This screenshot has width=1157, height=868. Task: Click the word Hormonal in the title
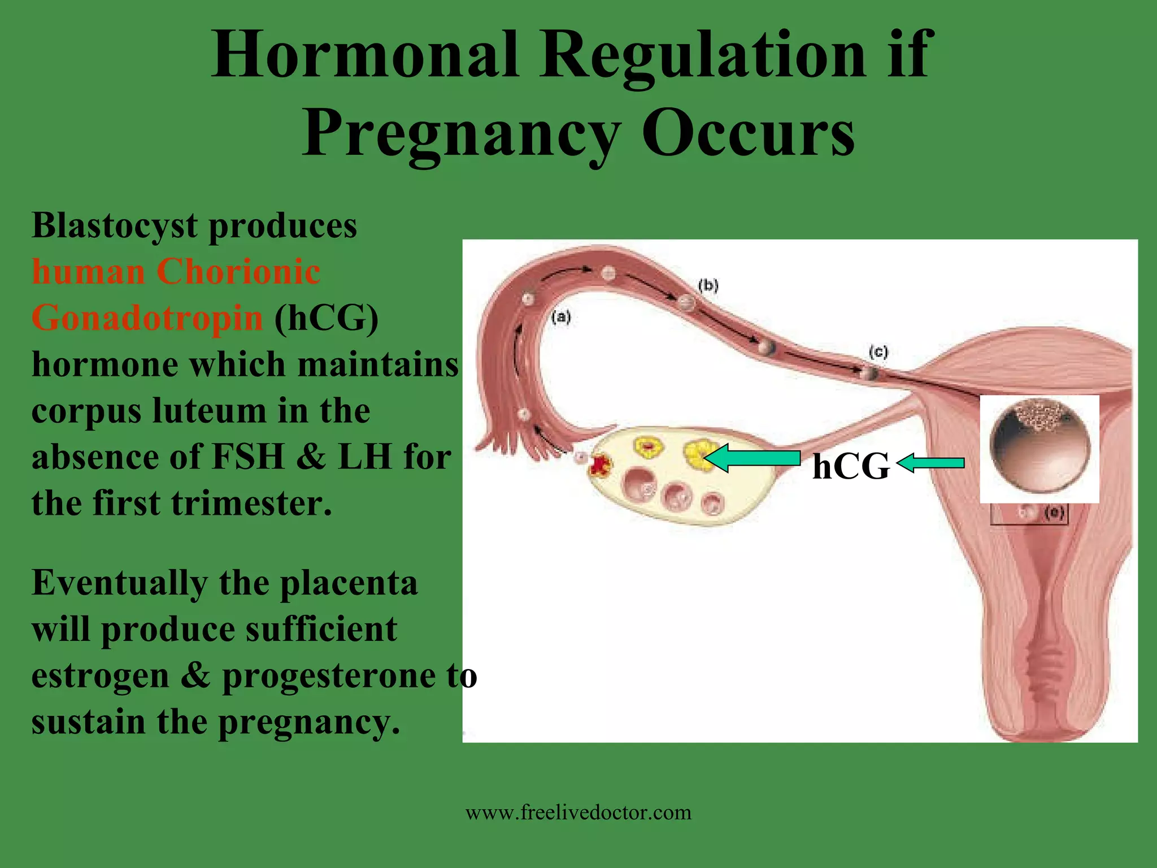click(365, 55)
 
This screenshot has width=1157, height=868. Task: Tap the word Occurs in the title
click(748, 134)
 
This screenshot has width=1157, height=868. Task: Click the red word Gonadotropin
click(147, 318)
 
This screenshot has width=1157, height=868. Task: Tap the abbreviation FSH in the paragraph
click(247, 457)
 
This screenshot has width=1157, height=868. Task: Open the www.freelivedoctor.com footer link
click(578, 813)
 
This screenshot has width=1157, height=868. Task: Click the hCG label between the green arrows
click(851, 467)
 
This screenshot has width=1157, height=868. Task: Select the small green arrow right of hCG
click(931, 464)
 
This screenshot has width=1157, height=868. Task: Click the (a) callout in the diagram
click(561, 317)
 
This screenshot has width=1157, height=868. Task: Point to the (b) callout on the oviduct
click(708, 285)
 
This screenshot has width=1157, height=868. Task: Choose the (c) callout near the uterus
click(878, 353)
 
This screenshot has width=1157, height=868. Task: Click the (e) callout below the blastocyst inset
click(1054, 513)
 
